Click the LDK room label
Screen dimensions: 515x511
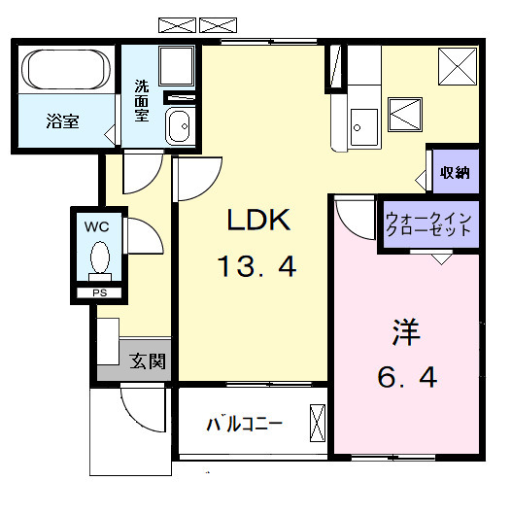pos(259,222)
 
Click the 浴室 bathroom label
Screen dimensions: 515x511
pos(63,121)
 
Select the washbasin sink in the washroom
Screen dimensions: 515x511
pos(179,127)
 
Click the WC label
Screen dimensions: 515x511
pos(97,225)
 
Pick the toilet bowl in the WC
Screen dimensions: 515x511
pos(98,260)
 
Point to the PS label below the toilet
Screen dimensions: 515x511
pos(98,292)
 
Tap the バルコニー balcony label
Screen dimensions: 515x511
pos(244,425)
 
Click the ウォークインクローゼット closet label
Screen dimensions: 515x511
pos(428,224)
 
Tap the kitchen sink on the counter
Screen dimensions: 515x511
pos(364,124)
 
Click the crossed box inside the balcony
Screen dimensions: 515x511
pos(318,424)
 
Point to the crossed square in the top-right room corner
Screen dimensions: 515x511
pos(454,67)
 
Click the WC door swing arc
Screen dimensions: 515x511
pos(137,236)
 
